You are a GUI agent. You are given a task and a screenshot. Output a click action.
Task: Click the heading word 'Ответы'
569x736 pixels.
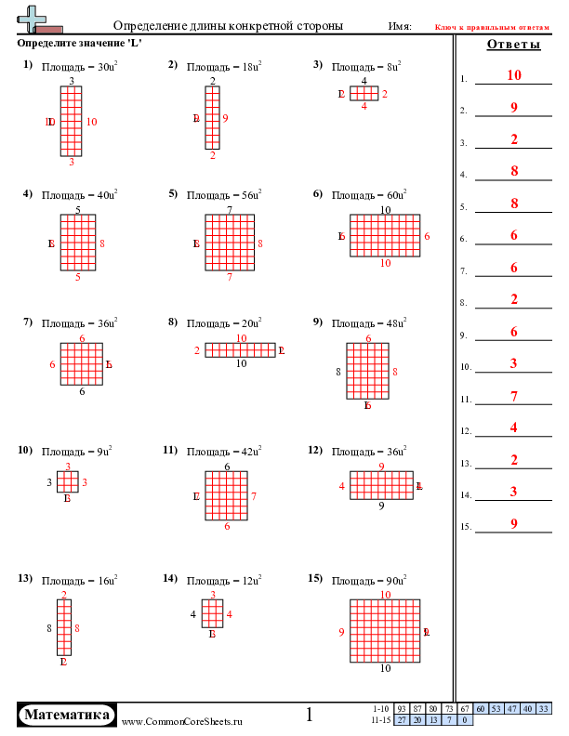(x=513, y=45)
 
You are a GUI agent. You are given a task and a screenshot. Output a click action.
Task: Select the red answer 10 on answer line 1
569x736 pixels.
(x=513, y=75)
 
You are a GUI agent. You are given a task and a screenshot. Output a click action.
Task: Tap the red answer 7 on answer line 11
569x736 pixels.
(x=513, y=396)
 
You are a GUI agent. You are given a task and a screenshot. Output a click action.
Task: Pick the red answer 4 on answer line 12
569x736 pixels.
(x=513, y=427)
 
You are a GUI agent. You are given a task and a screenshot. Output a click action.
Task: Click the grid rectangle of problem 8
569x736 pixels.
(x=241, y=350)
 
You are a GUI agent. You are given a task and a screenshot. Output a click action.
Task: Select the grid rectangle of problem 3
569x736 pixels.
(x=364, y=94)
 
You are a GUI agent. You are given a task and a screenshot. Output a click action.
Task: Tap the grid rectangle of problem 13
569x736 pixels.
(x=63, y=627)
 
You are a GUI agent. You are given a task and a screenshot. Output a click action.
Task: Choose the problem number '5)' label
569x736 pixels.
(x=173, y=194)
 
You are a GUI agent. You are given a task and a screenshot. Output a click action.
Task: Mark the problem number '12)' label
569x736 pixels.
(x=315, y=450)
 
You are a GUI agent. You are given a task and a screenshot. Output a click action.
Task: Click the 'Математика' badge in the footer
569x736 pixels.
(x=67, y=715)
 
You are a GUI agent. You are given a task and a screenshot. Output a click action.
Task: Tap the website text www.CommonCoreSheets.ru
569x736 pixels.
(x=182, y=721)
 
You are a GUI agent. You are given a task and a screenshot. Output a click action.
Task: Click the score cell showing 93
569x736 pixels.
(x=403, y=709)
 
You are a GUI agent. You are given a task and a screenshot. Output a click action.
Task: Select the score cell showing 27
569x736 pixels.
(x=403, y=719)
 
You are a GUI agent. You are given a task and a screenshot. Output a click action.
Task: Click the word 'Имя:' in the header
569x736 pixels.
(x=399, y=26)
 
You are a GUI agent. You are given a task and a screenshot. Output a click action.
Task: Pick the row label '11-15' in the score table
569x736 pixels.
(x=380, y=719)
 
